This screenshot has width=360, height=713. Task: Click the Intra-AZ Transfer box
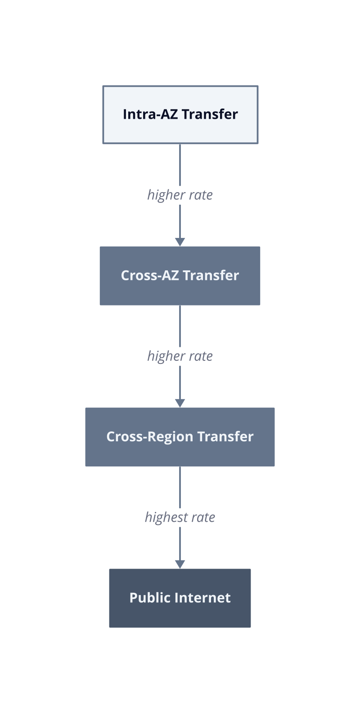[x=180, y=115]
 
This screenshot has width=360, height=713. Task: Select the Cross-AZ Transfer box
[x=180, y=276]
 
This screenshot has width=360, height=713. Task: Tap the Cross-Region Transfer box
[x=180, y=437]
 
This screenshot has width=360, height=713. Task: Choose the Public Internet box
[x=180, y=598]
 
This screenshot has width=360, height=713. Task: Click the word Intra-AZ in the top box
[x=150, y=114]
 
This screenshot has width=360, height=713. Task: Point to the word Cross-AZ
[x=149, y=275]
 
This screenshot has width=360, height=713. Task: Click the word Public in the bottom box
[x=150, y=598]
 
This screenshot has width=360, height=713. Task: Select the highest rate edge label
[x=180, y=517]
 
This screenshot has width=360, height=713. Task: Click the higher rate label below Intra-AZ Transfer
[x=180, y=195]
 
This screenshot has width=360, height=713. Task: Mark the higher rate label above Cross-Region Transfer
[x=180, y=356]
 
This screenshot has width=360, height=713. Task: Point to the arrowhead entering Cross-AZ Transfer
[x=180, y=242]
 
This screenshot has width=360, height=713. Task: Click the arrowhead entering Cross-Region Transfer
[x=180, y=403]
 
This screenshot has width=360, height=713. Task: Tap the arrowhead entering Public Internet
[x=180, y=565]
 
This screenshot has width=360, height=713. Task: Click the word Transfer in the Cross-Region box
[x=225, y=436]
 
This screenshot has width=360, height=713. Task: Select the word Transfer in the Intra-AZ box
[x=210, y=114]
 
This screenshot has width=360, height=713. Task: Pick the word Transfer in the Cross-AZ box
[x=211, y=275]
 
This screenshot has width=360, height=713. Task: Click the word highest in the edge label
[x=166, y=517]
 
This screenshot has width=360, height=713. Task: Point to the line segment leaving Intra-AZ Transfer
[x=180, y=165]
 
